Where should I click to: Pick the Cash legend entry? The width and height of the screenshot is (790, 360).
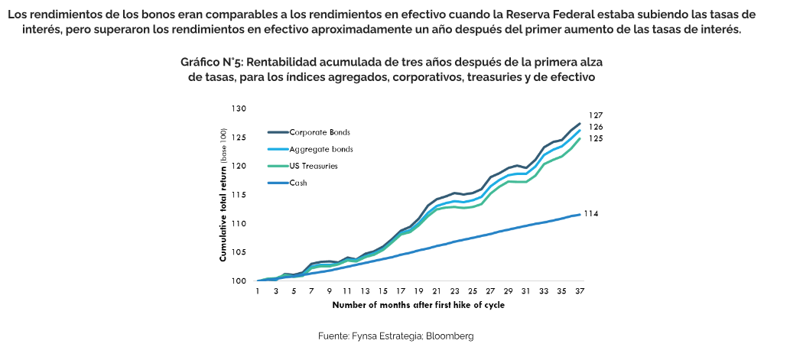[298, 183]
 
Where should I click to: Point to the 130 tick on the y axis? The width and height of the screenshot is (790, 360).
[239, 109]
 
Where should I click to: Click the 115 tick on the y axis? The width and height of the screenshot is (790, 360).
[239, 195]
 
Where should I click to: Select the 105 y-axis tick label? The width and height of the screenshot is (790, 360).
[239, 252]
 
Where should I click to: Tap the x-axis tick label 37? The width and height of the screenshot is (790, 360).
[579, 291]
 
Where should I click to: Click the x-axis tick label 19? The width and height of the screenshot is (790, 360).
[418, 291]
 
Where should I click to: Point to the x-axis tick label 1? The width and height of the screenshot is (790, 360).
[258, 291]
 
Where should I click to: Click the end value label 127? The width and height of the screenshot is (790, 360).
[596, 115]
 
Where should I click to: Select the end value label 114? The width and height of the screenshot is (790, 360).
[590, 213]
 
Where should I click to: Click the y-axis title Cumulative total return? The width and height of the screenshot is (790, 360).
[223, 195]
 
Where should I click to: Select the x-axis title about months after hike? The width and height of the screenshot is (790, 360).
[418, 304]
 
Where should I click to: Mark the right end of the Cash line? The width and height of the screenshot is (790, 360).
[579, 214]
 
